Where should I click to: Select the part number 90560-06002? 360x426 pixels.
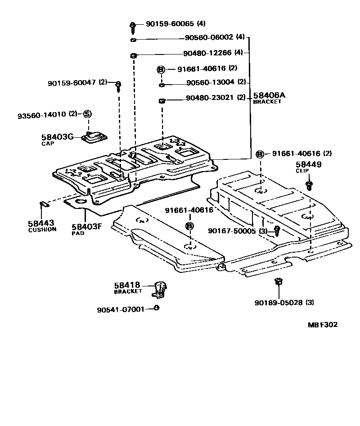[209, 37]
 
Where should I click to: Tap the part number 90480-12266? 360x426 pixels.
[207, 53]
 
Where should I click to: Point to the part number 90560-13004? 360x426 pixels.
[210, 82]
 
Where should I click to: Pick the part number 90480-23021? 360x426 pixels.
[210, 98]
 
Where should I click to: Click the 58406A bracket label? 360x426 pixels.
[269, 95]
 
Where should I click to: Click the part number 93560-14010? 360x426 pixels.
[41, 115]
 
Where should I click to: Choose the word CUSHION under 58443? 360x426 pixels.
[42, 229]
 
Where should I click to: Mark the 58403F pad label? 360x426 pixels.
[84, 227]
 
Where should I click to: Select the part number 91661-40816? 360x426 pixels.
[189, 210]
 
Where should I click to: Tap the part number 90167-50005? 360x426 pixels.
[232, 231]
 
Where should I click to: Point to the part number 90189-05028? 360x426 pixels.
[279, 303]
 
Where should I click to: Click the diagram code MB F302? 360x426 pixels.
[322, 324]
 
